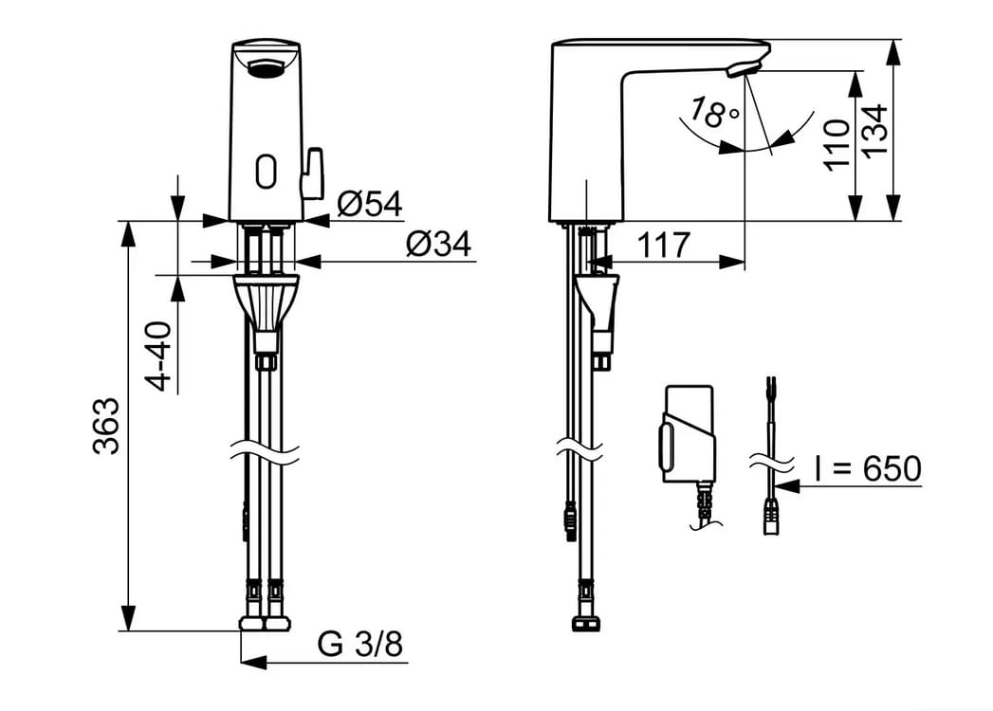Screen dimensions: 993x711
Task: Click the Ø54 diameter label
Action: click(x=370, y=203)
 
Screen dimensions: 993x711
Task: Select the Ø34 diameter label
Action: click(x=439, y=243)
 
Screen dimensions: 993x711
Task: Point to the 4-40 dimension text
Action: click(x=158, y=356)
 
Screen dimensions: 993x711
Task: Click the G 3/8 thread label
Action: click(x=360, y=646)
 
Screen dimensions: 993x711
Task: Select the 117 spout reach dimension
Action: click(x=663, y=245)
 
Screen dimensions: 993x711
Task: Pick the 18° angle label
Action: click(x=712, y=112)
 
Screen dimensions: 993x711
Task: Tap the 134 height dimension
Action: click(x=874, y=132)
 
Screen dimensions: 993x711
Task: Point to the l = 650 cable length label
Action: click(x=868, y=468)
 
